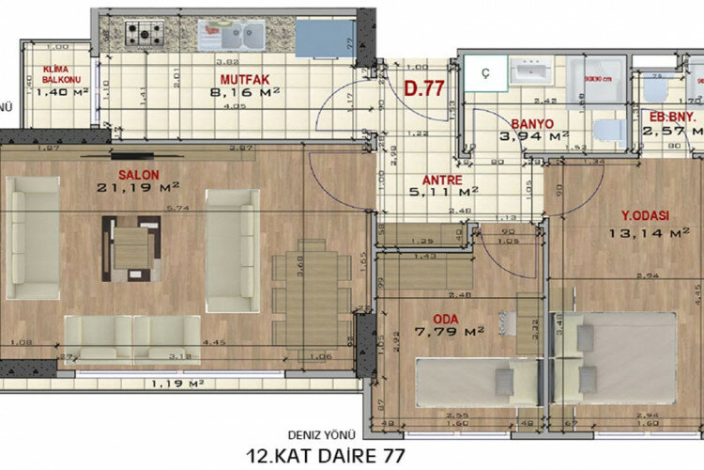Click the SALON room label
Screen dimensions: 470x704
coord(138,175)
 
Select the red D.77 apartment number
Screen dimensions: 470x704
coord(422,91)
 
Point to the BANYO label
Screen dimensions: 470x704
coord(531,123)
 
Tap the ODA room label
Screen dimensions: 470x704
coord(446,317)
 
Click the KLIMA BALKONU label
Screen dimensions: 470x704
coord(60,75)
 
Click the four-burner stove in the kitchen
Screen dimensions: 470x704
coord(145,34)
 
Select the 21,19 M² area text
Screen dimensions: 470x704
coord(138,187)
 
